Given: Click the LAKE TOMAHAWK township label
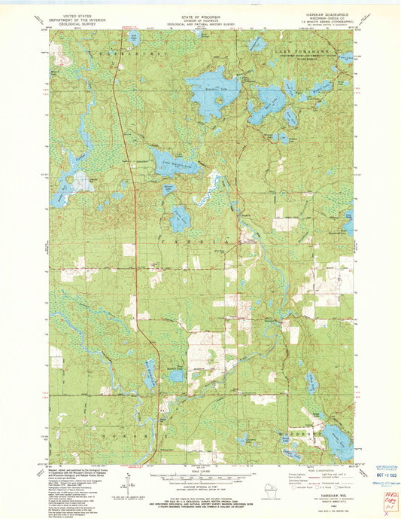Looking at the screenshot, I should pos(296,49).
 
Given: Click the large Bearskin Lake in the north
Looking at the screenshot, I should pos(211,92).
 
